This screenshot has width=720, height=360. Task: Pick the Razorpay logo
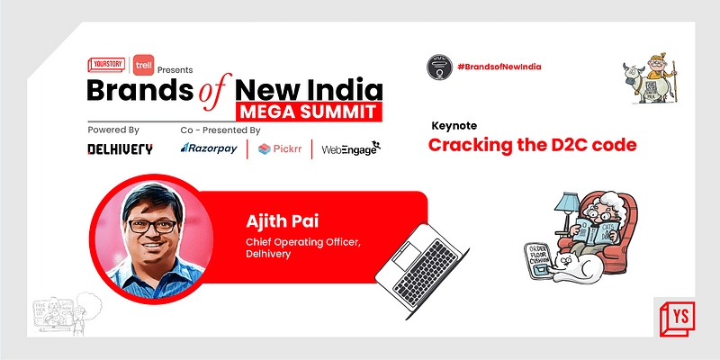click(213, 148)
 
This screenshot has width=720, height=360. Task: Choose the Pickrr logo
click(279, 148)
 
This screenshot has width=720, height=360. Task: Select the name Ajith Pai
click(275, 220)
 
